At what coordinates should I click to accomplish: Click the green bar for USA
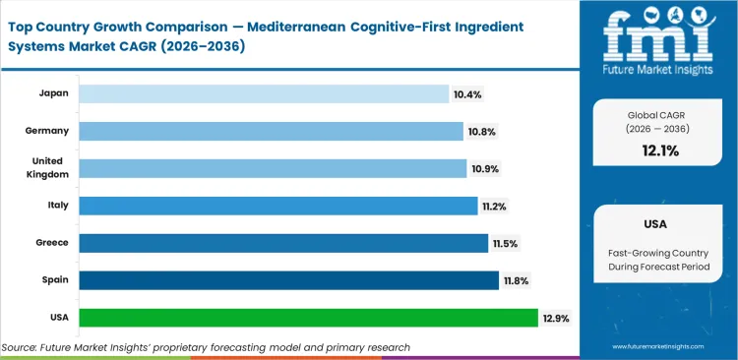coord(308,318)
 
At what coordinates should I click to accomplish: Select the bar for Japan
coord(264,93)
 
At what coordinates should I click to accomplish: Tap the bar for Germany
coord(271,131)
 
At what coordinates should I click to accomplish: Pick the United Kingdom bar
coord(273,168)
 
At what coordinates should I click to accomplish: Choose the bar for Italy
coord(277,206)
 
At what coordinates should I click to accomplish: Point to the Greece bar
coord(283,243)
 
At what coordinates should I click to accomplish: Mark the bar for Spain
coord(288,280)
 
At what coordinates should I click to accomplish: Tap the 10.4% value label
coord(467,93)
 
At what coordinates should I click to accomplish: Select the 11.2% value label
coord(495,206)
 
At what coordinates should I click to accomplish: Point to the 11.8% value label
coord(517,280)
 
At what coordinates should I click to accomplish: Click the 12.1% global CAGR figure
coord(661,150)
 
